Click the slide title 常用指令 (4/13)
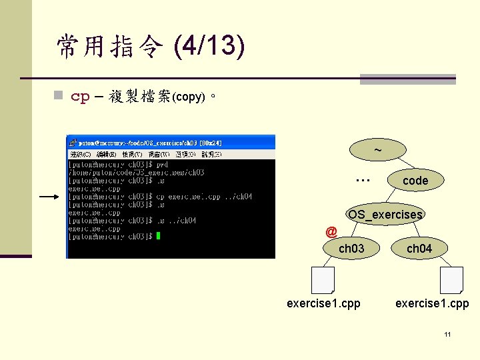[151, 46]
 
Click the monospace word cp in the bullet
[80, 97]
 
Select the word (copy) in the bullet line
[188, 97]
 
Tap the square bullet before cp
[59, 97]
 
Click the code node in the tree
[415, 180]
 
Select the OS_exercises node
[385, 214]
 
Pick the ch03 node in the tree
[351, 249]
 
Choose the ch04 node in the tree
[419, 249]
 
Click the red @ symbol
[331, 232]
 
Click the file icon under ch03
[323, 279]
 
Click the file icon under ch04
[451, 279]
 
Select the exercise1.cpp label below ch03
[323, 303]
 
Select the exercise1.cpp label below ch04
[432, 303]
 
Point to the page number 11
[448, 333]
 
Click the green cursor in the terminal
[158, 236]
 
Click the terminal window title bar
[170, 142]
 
